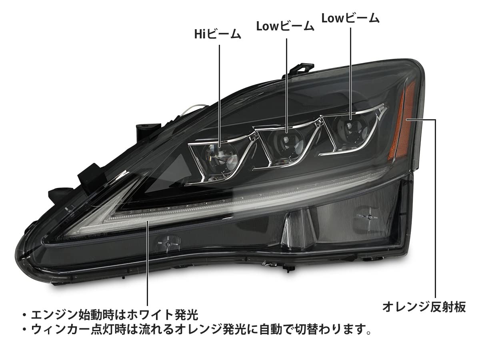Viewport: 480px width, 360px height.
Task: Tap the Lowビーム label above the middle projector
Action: [x=285, y=27]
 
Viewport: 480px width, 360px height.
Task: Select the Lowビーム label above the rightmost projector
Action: [x=350, y=18]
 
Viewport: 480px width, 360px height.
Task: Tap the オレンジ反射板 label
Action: [x=424, y=307]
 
